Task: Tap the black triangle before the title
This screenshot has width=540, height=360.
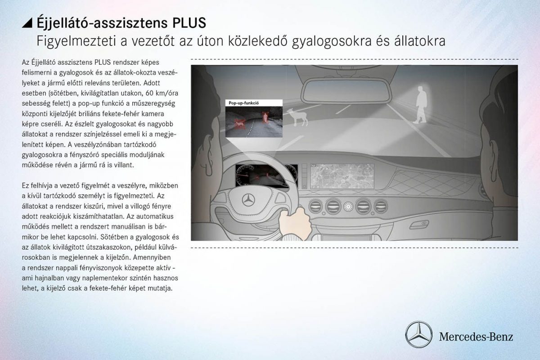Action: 27,22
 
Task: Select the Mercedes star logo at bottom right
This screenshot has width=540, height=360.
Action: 418,335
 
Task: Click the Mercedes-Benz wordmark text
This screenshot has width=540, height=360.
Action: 476,336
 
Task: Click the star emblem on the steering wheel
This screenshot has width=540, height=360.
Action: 248,200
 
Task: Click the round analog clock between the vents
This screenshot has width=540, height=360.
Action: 348,207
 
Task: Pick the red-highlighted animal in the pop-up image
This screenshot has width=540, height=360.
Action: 238,123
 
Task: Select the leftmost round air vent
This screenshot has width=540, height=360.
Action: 315,206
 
